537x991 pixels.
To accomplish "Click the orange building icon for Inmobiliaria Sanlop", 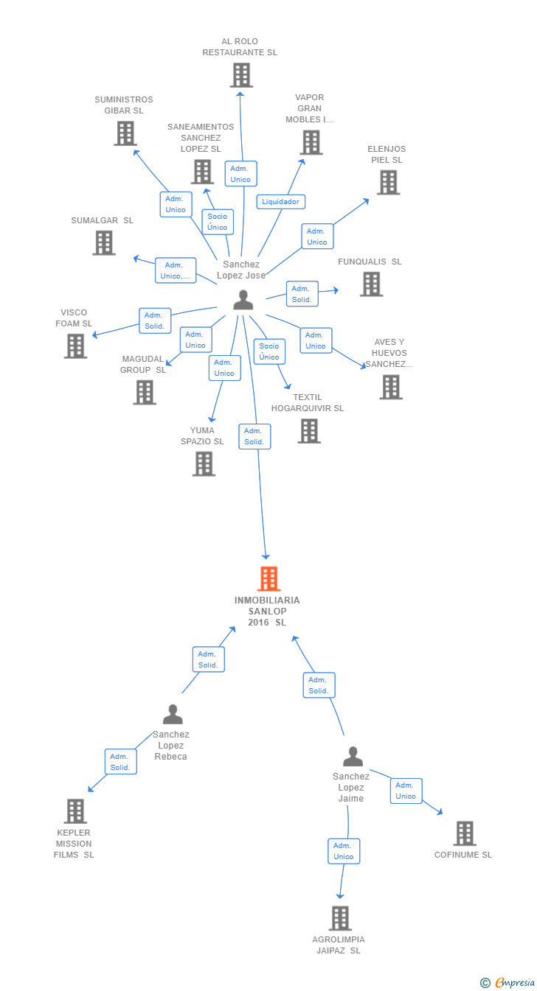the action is tap(268, 579).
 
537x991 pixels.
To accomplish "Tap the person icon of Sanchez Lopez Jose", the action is tap(243, 300).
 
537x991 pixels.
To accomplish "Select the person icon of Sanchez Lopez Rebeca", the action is tap(173, 715).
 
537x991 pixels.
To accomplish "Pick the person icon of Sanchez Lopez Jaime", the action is tap(353, 757).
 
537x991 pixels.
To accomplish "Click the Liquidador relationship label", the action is tap(280, 202).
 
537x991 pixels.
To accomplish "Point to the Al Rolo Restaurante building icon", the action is tap(240, 75).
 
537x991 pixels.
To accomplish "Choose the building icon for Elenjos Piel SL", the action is tap(388, 182).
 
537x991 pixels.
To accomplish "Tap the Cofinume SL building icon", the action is tap(464, 833).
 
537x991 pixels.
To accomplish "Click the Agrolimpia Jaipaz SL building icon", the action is tap(340, 918).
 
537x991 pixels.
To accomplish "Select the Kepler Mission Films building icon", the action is tap(75, 811).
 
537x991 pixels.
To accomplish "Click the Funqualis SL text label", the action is tap(370, 262).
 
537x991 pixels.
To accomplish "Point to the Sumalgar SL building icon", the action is tap(104, 242).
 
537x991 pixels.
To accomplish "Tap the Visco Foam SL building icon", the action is tap(75, 346).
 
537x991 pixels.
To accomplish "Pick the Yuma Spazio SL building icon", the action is tap(204, 463).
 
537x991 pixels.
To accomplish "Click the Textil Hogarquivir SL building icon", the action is tap(308, 431).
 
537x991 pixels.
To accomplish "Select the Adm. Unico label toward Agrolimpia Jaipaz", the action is tap(344, 851).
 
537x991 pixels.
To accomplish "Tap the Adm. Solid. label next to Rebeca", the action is tap(120, 762).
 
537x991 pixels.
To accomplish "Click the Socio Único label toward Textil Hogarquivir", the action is tap(269, 351).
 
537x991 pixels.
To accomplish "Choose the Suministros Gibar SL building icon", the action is tap(125, 133).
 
